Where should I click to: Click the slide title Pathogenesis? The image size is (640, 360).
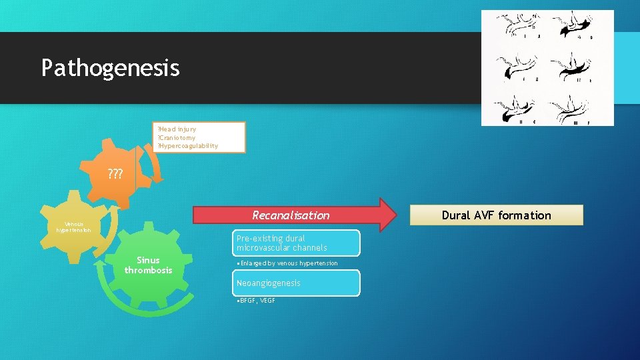coord(110,68)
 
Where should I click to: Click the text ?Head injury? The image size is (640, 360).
coord(176,129)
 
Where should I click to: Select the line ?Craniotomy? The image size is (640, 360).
coord(176,137)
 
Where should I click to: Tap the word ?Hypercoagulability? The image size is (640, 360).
coord(187,146)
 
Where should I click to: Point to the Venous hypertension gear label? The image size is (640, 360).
coord(79,227)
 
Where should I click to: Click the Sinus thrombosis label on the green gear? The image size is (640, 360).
coord(148,265)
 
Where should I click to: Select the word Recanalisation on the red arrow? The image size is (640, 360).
coord(290,215)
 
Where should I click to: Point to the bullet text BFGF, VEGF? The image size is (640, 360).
coord(257,301)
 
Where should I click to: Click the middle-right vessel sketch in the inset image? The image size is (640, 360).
coord(575,67)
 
